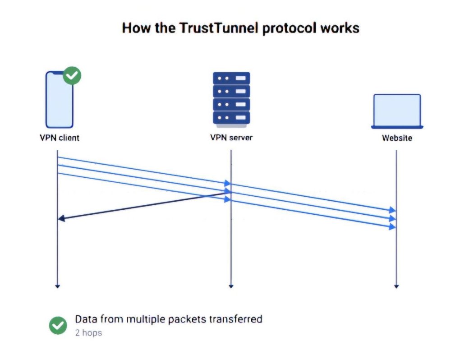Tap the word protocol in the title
288,28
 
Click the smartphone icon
59,100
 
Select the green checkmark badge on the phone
72,76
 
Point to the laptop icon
397,111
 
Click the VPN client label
59,138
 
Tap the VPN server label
231,138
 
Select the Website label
397,138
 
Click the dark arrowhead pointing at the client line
61,218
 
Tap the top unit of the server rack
231,78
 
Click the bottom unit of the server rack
231,118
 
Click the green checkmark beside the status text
58,325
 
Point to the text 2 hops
88,333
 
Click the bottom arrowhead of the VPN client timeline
58,286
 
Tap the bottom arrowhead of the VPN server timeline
231,286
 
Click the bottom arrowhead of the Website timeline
396,286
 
